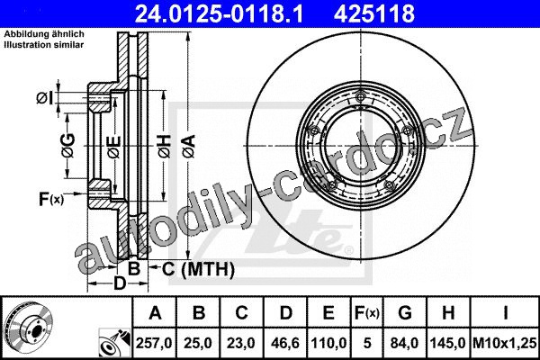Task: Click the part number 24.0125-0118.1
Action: point(219,13)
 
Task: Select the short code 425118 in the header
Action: point(374,13)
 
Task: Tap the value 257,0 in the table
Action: point(154,343)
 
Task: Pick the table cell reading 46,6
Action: point(285,343)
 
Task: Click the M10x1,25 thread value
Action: point(505,343)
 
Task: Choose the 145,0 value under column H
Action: point(447,343)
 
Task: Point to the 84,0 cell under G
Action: point(405,343)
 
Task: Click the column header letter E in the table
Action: point(328,313)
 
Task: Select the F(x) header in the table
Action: point(367,313)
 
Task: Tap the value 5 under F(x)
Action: point(367,343)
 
